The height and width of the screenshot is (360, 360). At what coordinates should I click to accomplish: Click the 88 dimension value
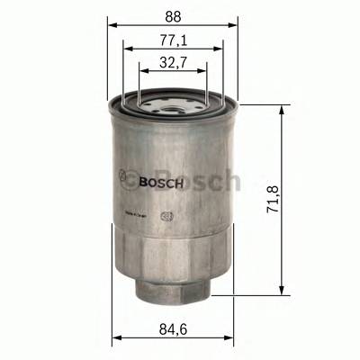point(173,15)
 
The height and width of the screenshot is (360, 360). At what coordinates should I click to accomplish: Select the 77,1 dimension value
point(173,40)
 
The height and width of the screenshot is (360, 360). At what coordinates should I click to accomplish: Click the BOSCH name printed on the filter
point(163,183)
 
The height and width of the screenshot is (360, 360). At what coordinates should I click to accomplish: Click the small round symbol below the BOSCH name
point(165,215)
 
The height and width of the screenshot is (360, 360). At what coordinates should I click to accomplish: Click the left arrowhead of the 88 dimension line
point(112,25)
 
